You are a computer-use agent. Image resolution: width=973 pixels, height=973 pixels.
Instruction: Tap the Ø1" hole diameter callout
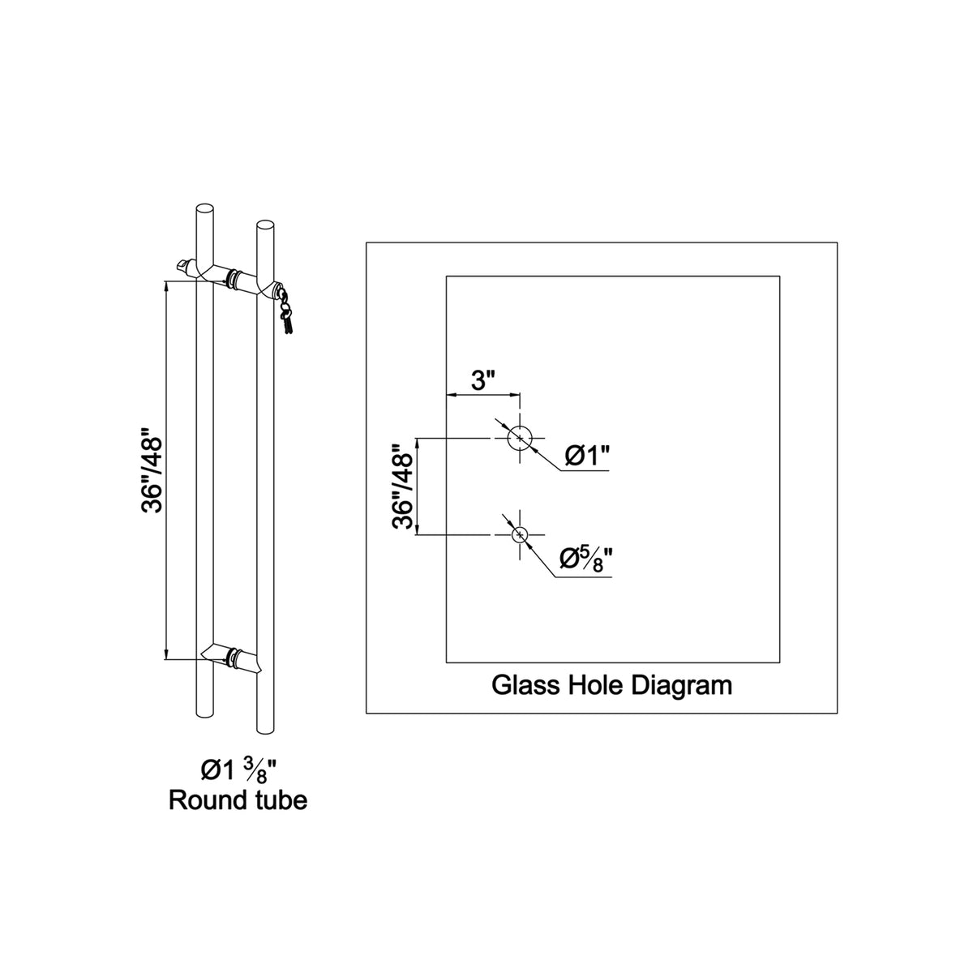588,456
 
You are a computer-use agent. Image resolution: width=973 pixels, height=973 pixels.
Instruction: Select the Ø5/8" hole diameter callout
586,561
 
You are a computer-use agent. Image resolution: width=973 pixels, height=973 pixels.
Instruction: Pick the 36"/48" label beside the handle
152,470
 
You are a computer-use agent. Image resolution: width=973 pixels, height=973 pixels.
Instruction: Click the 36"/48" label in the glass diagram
403,486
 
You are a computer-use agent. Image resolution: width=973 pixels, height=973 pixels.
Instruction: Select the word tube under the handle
281,800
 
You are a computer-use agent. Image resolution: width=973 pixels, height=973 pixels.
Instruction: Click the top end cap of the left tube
204,209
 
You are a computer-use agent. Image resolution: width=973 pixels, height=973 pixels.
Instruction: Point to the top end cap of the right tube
266,225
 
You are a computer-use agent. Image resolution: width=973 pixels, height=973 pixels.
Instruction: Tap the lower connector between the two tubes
232,658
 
